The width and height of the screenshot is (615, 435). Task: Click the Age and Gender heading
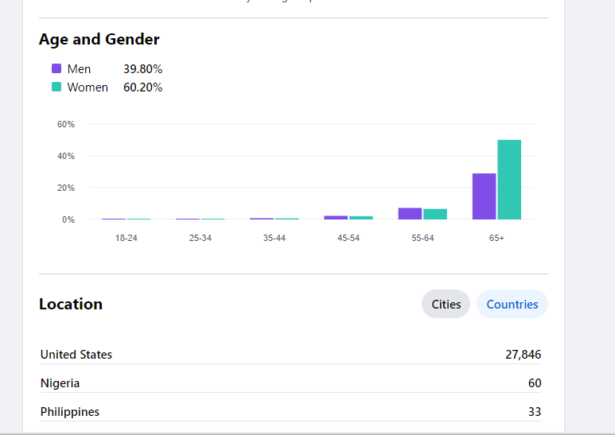click(x=99, y=39)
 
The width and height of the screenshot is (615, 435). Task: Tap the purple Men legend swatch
click(x=56, y=68)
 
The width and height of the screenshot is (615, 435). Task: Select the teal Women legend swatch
click(x=56, y=87)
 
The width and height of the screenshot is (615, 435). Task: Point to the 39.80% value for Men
click(x=142, y=69)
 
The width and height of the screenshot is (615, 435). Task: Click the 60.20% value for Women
click(x=142, y=87)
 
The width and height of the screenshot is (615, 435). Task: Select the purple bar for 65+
click(x=484, y=196)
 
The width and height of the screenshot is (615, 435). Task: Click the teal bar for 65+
click(x=509, y=180)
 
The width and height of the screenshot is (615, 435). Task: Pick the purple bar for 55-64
click(x=410, y=213)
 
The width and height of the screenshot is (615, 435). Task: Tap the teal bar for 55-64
click(x=435, y=214)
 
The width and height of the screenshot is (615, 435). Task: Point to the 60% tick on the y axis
click(x=65, y=125)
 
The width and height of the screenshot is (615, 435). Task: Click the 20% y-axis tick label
click(x=65, y=188)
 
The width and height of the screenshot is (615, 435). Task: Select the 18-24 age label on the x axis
click(x=126, y=239)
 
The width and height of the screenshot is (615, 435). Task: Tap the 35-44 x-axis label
click(x=274, y=239)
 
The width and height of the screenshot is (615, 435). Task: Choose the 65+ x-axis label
click(x=496, y=239)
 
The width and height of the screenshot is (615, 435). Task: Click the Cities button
click(x=446, y=304)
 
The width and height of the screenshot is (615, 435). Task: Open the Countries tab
click(x=512, y=304)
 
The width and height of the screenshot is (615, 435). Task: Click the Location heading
click(x=71, y=304)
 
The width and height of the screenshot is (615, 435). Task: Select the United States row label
click(x=76, y=355)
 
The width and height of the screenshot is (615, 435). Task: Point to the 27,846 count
click(x=523, y=355)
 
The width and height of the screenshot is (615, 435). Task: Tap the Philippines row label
click(x=70, y=412)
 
